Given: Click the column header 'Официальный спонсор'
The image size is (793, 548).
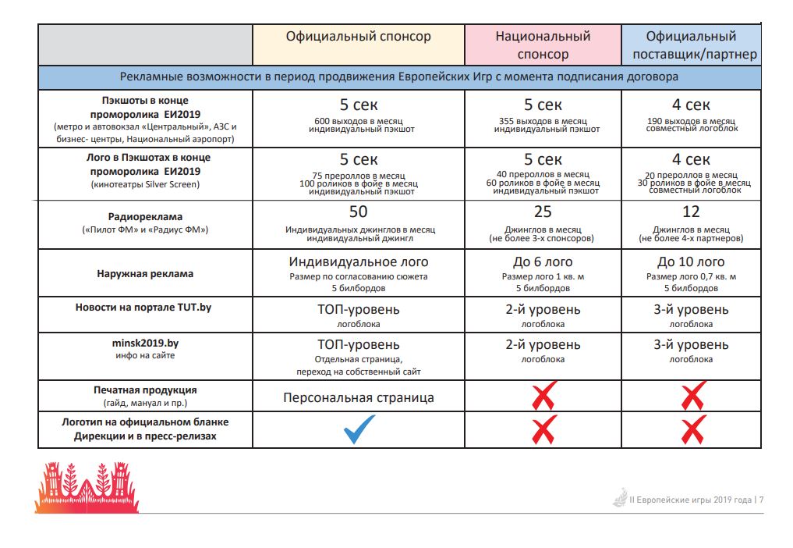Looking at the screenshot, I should (x=358, y=37).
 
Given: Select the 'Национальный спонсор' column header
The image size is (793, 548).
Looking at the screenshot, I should (x=543, y=45).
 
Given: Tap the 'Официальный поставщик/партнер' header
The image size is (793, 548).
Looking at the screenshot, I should (x=691, y=45).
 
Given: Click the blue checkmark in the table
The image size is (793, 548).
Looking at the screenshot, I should (x=359, y=429).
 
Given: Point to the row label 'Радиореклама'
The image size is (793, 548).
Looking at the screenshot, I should (x=144, y=217).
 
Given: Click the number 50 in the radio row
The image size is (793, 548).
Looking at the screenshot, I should (x=359, y=212).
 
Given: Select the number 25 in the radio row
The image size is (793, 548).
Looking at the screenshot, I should (x=543, y=212).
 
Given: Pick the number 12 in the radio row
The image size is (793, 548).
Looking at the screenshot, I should (x=691, y=212).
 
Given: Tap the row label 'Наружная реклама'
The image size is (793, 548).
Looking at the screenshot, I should (x=145, y=274).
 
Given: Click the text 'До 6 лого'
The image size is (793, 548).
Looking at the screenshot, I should (x=543, y=262).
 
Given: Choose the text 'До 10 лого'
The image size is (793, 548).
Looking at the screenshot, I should (x=691, y=262).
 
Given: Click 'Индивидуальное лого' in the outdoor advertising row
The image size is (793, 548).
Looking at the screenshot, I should (x=359, y=262).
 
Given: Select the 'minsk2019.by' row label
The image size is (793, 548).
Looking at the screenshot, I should (x=144, y=343).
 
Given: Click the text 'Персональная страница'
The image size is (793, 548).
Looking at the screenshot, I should (x=359, y=397).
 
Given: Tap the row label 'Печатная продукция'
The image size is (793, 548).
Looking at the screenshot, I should (x=144, y=390).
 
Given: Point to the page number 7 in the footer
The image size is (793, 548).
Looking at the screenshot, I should (x=761, y=500).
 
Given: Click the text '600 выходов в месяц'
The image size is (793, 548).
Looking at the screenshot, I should (x=359, y=121).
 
